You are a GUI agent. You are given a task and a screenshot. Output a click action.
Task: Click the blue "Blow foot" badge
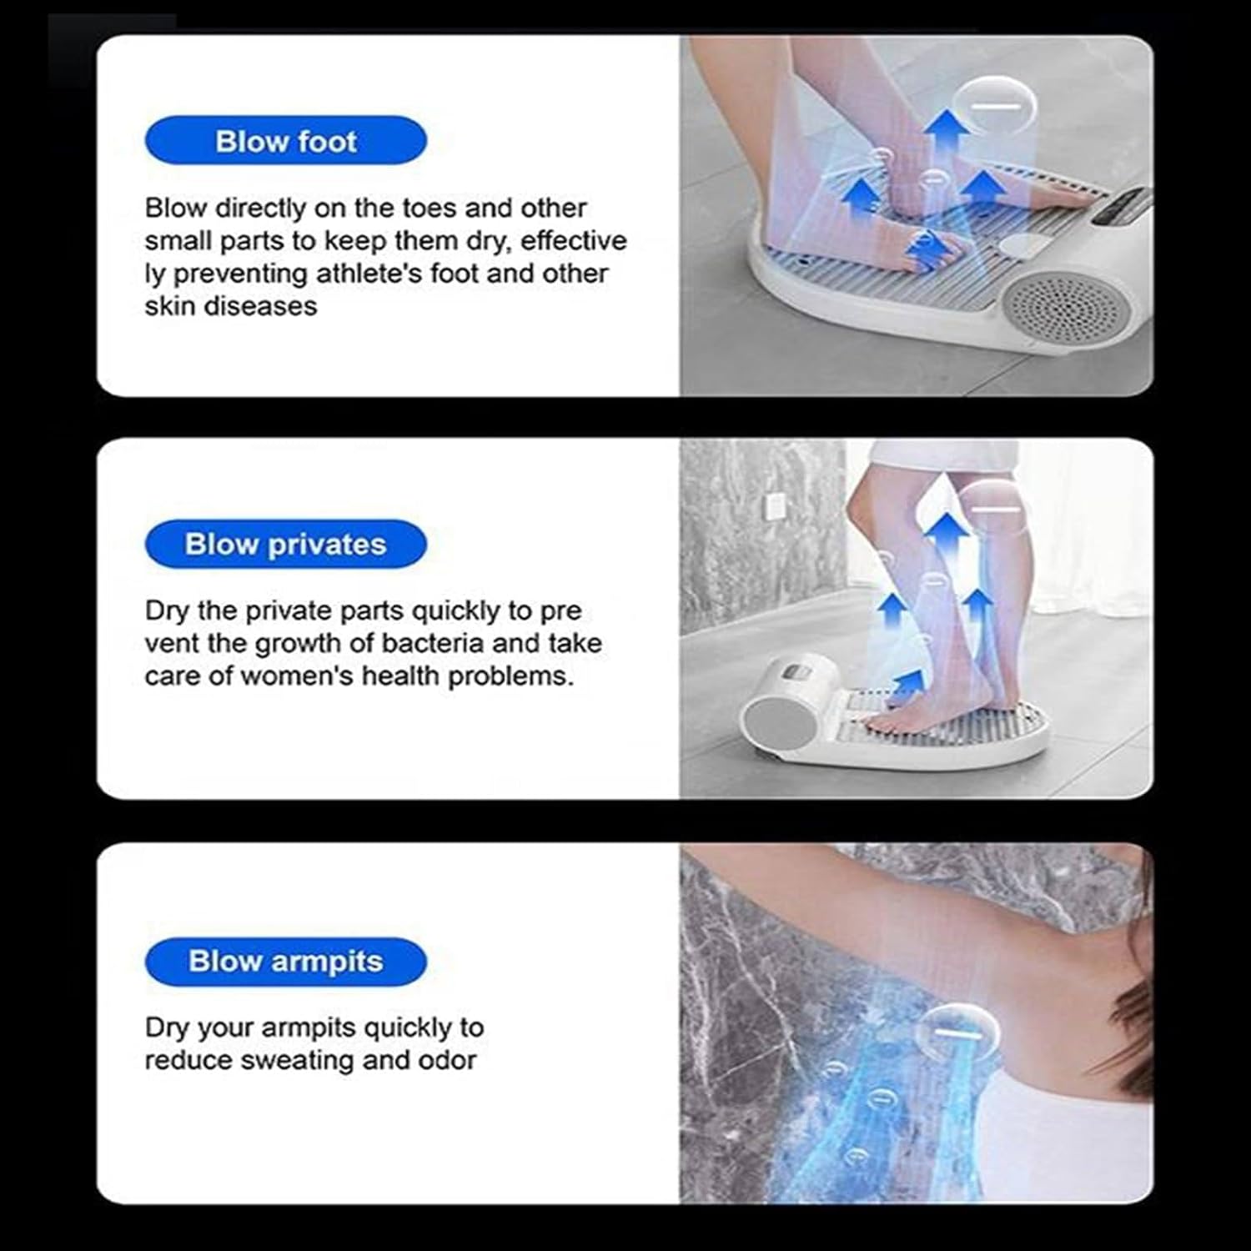285,141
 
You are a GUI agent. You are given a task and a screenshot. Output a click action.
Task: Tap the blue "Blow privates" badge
285,544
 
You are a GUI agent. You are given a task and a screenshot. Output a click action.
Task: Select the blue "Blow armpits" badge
285,961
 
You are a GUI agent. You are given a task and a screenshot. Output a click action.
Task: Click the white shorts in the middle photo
942,458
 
